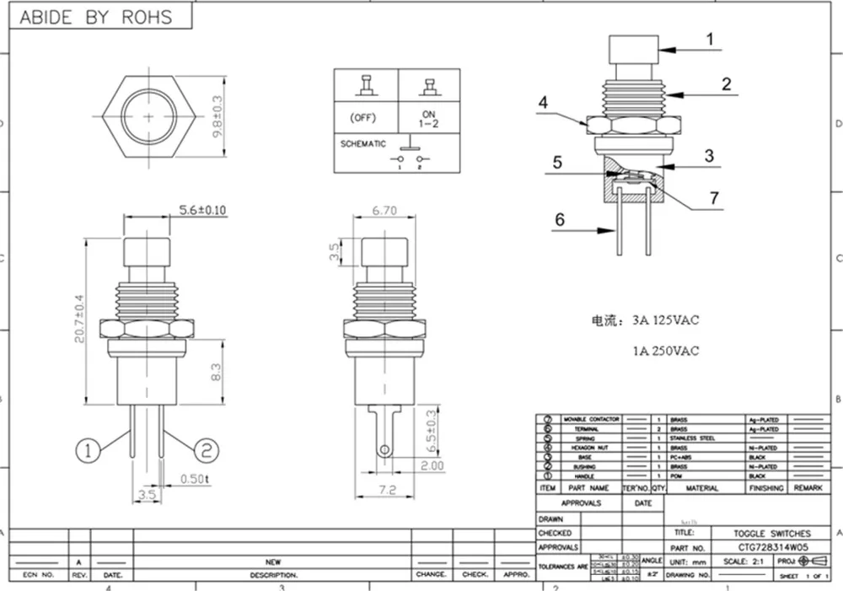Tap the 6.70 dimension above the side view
click(385, 213)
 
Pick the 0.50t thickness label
click(195, 481)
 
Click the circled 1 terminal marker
click(88, 451)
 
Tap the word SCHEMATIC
click(363, 144)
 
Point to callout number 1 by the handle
click(709, 39)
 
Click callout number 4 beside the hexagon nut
click(544, 102)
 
